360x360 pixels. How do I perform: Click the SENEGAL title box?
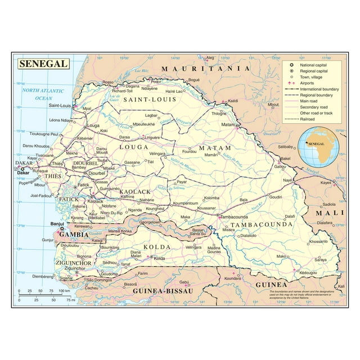[x=42, y=64]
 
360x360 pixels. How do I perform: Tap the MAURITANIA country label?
[x=205, y=69]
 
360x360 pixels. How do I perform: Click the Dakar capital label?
[x=22, y=173]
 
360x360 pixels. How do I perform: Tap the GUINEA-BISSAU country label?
[x=159, y=291]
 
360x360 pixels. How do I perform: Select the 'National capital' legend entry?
[x=314, y=66]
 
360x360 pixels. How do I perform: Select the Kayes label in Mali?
[x=326, y=182]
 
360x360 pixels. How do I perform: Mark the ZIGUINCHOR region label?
[x=73, y=263]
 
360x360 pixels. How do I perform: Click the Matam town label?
[x=227, y=124]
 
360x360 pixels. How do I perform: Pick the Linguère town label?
[x=153, y=137]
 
